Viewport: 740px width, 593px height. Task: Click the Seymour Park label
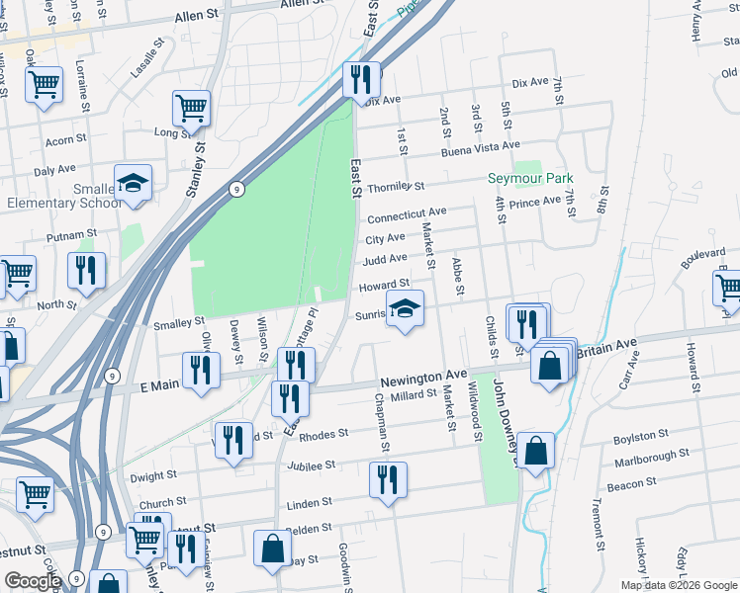coord(531,179)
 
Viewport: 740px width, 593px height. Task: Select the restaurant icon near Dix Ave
coord(361,78)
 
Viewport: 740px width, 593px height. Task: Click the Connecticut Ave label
coord(407,214)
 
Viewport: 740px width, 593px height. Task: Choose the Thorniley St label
coord(395,186)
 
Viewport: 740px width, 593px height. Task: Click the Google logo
coord(34,581)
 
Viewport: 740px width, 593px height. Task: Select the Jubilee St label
coord(312,465)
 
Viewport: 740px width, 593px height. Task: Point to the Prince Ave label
coord(536,202)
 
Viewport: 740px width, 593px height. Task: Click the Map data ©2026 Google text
coord(679,585)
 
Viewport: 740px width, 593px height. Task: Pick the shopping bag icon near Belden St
coord(272,549)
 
